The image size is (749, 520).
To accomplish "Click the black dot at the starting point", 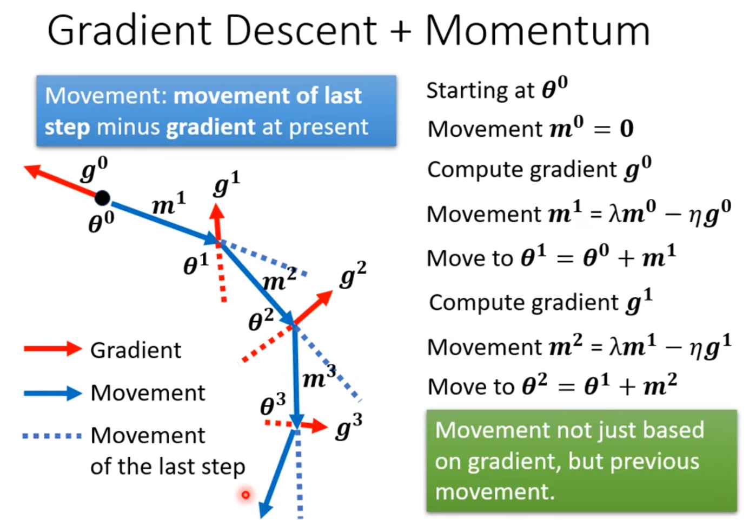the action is click(102, 198).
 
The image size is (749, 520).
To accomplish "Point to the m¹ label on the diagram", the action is click(168, 204).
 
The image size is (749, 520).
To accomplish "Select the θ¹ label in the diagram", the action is click(195, 264).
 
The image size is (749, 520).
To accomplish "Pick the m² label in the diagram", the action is click(279, 279).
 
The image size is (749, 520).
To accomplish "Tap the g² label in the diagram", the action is click(353, 275).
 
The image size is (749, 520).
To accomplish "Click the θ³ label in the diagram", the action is click(273, 404).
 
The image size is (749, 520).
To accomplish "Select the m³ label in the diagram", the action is click(319, 377).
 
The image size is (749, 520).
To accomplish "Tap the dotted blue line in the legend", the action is click(52, 436).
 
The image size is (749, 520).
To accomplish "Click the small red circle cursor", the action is click(246, 494).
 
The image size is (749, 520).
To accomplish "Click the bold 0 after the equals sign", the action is click(626, 129).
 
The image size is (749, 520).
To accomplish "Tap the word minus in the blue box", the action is click(128, 127).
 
